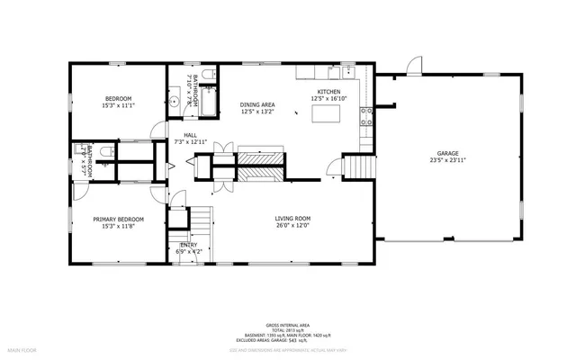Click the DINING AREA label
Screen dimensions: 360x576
[x=256, y=105]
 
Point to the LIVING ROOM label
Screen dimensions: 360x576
[x=292, y=219]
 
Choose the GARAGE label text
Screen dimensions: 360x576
[x=447, y=154]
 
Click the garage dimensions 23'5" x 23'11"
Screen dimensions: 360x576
[x=447, y=162]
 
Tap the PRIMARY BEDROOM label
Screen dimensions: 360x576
[x=118, y=219]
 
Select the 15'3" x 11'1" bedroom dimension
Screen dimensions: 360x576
[x=119, y=105]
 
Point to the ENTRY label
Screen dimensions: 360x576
[x=189, y=245]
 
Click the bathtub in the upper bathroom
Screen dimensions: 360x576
[x=208, y=100]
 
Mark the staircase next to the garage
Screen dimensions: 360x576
[x=357, y=167]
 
